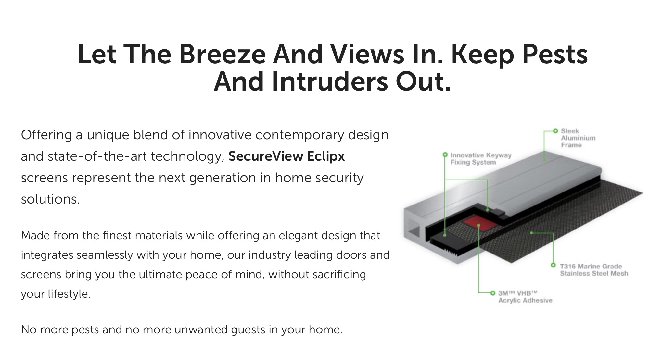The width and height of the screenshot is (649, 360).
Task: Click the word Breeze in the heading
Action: pyautogui.click(x=223, y=54)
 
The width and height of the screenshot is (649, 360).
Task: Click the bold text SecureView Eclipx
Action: pyautogui.click(x=286, y=156)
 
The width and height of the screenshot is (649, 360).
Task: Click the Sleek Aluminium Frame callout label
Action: pyautogui.click(x=578, y=138)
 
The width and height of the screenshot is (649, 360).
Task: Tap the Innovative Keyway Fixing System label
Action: pyautogui.click(x=481, y=159)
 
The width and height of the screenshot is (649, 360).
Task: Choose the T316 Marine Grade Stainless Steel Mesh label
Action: pyautogui.click(x=594, y=270)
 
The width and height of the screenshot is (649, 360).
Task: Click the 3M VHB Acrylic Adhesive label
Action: pyautogui.click(x=525, y=297)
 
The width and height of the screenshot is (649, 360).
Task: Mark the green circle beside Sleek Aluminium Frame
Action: pyautogui.click(x=555, y=131)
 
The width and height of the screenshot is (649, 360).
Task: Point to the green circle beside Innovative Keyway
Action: pyautogui.click(x=445, y=155)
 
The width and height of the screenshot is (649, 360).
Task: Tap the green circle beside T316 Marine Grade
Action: pyautogui.click(x=553, y=265)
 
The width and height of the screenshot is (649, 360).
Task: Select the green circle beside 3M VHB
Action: pyautogui.click(x=493, y=293)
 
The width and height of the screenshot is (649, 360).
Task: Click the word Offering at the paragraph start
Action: pyautogui.click(x=46, y=135)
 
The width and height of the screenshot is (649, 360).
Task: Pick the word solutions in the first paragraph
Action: pyautogui.click(x=50, y=199)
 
